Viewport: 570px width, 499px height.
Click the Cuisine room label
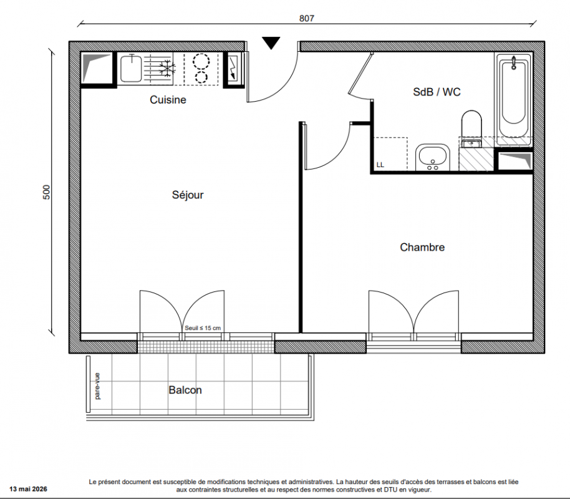[x=168, y=100]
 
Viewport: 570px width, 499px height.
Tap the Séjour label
[x=188, y=195]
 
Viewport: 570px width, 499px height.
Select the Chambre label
[x=422, y=248]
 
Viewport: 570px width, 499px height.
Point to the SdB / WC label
[x=437, y=92]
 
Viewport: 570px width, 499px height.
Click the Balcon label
[x=185, y=390]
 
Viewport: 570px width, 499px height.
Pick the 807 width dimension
[x=306, y=18]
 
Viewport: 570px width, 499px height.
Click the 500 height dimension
[x=47, y=192]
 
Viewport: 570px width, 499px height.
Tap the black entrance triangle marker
[x=271, y=42]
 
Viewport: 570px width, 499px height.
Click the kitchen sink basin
[x=131, y=69]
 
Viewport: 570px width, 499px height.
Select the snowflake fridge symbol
[x=167, y=68]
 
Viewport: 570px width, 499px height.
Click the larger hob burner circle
[x=201, y=61]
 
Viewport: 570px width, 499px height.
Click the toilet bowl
[x=471, y=124]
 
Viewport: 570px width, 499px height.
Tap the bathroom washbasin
[x=433, y=157]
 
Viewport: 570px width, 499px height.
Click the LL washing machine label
[x=380, y=165]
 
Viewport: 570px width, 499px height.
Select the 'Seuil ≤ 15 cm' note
[x=203, y=328]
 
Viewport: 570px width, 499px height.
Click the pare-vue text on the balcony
[x=97, y=386]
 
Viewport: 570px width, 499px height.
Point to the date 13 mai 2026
[x=28, y=489]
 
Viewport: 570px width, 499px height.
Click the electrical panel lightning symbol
[x=233, y=69]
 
